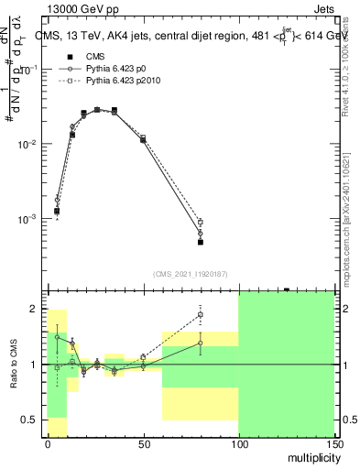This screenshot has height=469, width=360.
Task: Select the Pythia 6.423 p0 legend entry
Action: tap(113, 69)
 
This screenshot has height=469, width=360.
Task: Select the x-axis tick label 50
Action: tap(143, 443)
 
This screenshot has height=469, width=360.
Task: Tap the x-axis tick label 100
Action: tap(238, 443)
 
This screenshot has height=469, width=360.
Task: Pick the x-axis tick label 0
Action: tap(48, 443)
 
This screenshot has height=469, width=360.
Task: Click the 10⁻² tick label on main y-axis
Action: tap(27, 145)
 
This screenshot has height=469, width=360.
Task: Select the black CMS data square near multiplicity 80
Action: tap(200, 242)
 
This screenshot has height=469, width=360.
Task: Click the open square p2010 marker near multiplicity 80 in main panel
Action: tap(200, 222)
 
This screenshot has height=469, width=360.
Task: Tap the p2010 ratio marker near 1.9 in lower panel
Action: tap(200, 315)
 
